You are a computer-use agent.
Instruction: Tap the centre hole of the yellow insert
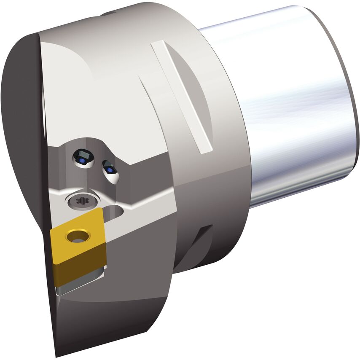(x=77, y=237)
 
